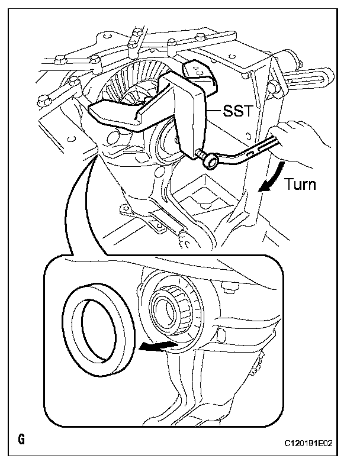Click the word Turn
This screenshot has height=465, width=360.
(x=300, y=183)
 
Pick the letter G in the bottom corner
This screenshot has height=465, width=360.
(x=21, y=441)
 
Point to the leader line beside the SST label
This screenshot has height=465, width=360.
(x=213, y=109)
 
